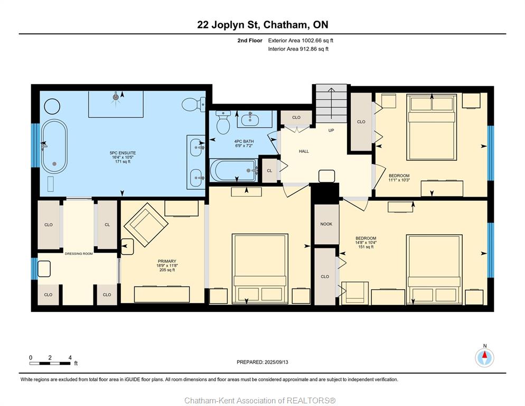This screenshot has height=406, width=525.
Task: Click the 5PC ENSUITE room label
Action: [123, 153]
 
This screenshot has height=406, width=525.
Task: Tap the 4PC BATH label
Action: [244, 142]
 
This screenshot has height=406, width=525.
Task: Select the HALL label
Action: [304, 151]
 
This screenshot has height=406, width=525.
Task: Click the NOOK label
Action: [326, 224]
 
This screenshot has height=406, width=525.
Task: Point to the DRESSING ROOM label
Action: [79, 254]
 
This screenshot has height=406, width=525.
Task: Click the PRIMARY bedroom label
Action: [167, 261]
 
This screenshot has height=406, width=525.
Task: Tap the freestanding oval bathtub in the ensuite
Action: [54, 146]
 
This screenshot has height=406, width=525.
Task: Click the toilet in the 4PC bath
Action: [223, 122]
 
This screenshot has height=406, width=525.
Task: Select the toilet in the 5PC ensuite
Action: [193, 105]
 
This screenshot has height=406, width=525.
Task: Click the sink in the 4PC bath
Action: [250, 119]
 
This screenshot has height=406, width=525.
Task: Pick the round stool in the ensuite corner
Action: [52, 107]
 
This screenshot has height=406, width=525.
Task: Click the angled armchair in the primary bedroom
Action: [146, 225]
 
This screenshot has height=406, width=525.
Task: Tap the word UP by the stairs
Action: [331, 131]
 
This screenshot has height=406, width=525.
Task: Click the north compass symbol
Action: [484, 357]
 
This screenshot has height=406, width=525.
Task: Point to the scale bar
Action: [50, 363]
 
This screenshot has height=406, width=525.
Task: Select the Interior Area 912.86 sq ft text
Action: [298, 49]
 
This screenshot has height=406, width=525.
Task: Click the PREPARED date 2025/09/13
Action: [276, 362]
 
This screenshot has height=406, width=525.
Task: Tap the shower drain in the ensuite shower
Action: [116, 97]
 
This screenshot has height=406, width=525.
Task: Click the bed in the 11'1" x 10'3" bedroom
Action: [432, 127]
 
